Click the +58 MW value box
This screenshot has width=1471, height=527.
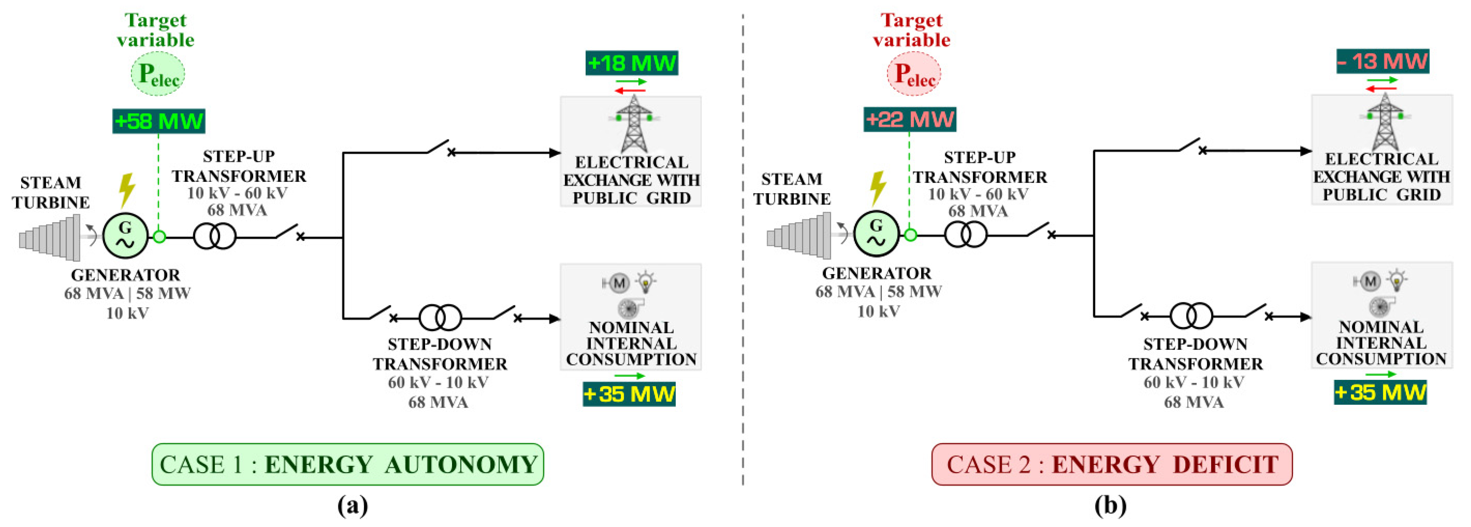coord(158,121)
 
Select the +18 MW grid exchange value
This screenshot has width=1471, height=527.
coord(631,63)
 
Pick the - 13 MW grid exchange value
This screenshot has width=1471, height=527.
coord(1382,61)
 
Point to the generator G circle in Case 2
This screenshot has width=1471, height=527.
coord(876,234)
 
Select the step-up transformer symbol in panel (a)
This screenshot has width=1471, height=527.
coord(215,236)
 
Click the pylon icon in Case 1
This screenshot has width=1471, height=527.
coord(633,123)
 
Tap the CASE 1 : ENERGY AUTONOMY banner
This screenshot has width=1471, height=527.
coord(347,464)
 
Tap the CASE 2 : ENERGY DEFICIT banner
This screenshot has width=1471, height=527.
coord(1111,464)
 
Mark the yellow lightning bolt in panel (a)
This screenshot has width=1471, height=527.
coord(127,189)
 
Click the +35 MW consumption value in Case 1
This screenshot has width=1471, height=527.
coord(629,394)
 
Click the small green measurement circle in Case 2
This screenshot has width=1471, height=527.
coord(910,235)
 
